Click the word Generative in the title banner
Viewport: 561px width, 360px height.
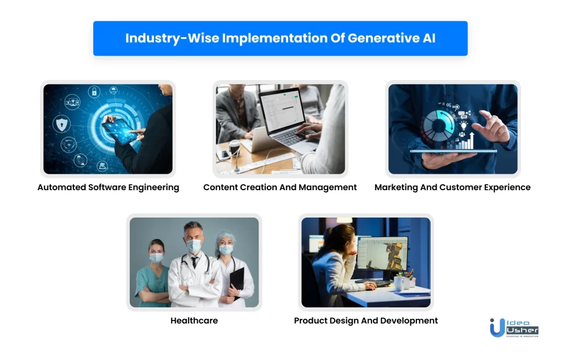tap(383, 38)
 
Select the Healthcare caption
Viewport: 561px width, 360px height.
tap(194, 321)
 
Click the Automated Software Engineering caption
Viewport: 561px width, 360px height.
tap(108, 187)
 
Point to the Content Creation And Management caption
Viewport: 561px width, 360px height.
tap(280, 187)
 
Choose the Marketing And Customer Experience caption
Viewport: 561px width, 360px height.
tap(452, 187)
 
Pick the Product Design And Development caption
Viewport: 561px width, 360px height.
tap(365, 321)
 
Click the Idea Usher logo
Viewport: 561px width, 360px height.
tap(514, 328)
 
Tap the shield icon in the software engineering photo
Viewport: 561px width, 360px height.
tap(61, 124)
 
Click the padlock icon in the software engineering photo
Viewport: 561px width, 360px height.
tap(94, 92)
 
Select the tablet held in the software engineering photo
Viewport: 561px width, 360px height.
tap(120, 131)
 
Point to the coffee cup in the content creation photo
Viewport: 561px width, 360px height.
tap(234, 147)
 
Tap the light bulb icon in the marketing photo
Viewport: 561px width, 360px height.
tap(463, 125)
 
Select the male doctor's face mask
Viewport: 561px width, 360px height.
tap(194, 246)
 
